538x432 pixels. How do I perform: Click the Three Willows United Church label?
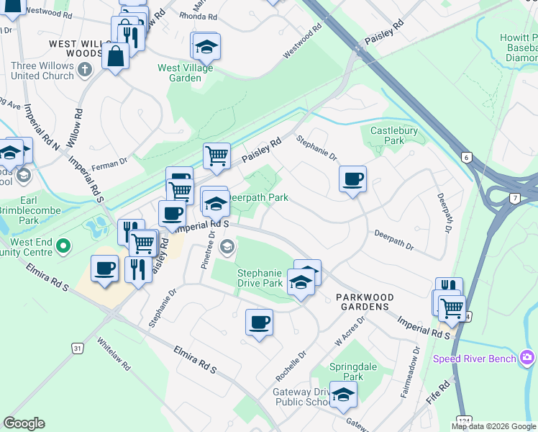click(x=42, y=71)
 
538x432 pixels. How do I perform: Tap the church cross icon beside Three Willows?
click(x=85, y=70)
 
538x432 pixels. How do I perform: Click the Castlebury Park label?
click(x=388, y=135)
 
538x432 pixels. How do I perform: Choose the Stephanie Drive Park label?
click(x=260, y=278)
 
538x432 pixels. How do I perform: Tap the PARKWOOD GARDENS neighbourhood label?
click(x=363, y=297)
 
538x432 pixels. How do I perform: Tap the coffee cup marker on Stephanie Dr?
click(x=352, y=179)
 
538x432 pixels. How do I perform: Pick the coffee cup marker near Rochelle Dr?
click(x=259, y=323)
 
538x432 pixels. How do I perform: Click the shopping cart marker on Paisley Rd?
click(x=216, y=155)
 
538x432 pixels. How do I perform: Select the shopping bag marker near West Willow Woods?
click(x=115, y=56)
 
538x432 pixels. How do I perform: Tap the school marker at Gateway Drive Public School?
click(x=343, y=395)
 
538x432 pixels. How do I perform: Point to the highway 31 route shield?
click(x=78, y=348)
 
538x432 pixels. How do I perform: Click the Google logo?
click(x=24, y=423)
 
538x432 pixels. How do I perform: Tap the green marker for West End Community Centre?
click(x=63, y=247)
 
